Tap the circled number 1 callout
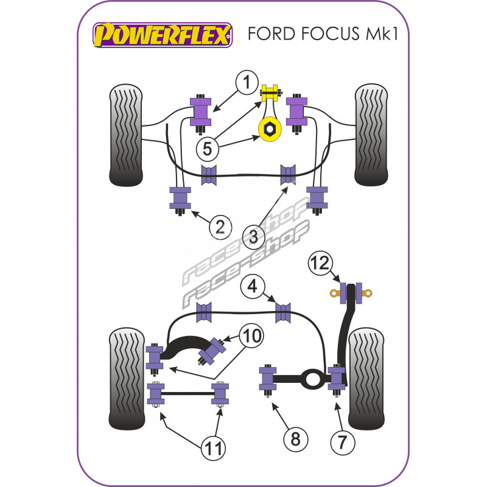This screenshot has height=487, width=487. tap(247, 82)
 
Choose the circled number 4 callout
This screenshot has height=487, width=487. tap(251, 286)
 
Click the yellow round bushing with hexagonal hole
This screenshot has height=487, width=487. tap(268, 128)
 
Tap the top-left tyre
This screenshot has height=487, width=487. tap(128, 135)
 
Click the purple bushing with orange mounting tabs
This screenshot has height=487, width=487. tap(351, 293)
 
